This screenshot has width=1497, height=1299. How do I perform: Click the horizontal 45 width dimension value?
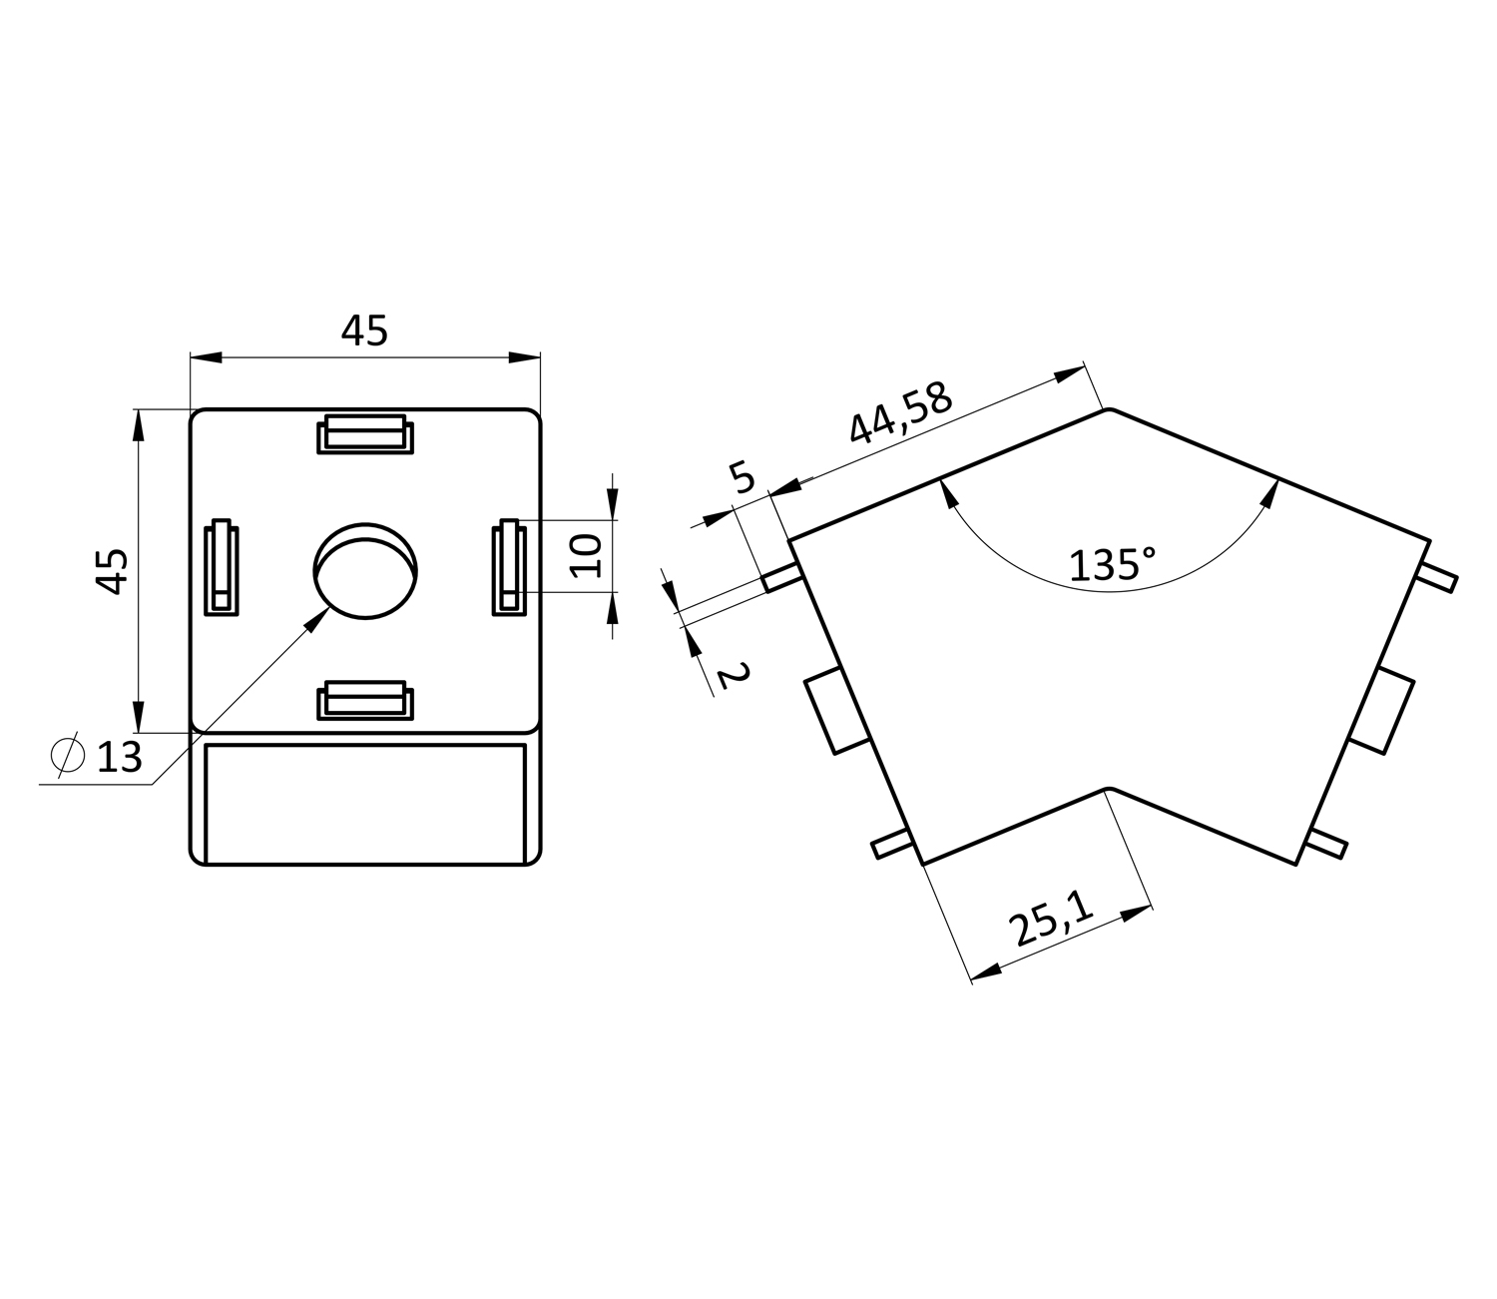pyautogui.click(x=364, y=330)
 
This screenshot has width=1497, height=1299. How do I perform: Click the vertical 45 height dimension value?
pyautogui.click(x=113, y=571)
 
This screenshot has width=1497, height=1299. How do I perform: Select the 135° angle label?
pyautogui.click(x=1112, y=564)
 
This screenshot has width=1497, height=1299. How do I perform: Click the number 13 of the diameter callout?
pyautogui.click(x=120, y=758)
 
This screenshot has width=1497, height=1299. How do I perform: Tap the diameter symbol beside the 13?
pyautogui.click(x=67, y=755)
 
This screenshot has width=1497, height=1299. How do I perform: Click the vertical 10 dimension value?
pyautogui.click(x=586, y=556)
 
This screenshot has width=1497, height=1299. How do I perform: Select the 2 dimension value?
pyautogui.click(x=733, y=676)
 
